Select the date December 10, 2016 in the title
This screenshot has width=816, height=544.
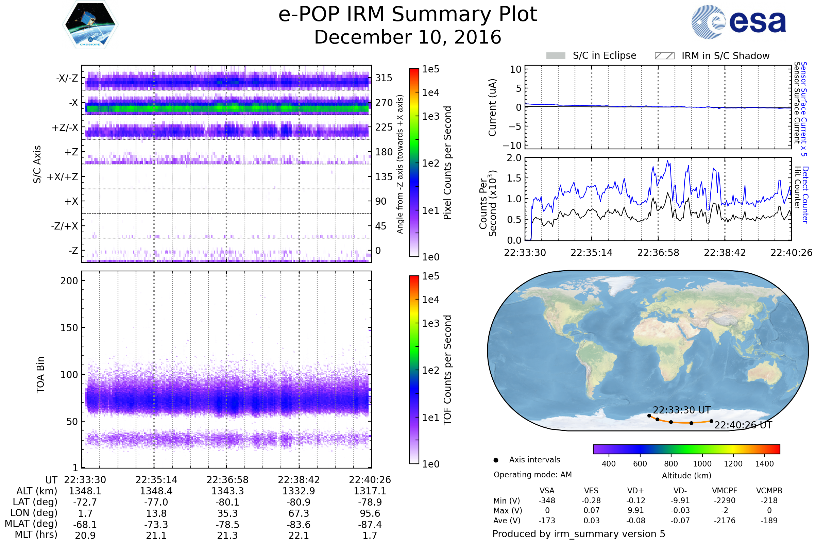tap(408, 37)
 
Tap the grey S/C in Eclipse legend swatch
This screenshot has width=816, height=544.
tap(556, 56)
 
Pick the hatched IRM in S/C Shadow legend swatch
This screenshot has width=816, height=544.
tap(664, 56)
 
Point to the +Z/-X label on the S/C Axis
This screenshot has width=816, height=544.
tap(65, 128)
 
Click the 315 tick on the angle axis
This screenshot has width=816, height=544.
tap(384, 78)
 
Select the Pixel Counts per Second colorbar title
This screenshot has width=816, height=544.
tap(447, 163)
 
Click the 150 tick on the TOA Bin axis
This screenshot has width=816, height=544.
tap(69, 328)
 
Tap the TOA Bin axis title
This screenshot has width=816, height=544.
tap(40, 375)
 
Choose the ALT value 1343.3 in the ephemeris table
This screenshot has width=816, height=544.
tap(227, 491)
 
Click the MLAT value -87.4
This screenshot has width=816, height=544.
tap(370, 525)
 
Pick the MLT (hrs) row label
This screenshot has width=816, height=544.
tap(36, 535)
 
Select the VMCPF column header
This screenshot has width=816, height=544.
tap(725, 491)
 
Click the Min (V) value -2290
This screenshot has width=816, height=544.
tap(725, 500)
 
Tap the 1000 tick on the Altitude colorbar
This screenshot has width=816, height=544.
tap(702, 464)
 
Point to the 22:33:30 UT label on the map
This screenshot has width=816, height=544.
tap(682, 410)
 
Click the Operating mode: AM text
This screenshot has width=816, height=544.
tap(532, 475)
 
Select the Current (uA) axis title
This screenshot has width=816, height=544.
tap(492, 107)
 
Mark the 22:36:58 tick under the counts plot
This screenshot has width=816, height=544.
tap(658, 253)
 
